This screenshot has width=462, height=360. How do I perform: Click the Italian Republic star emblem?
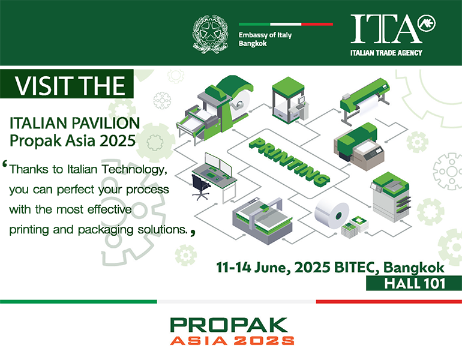tap(211, 34)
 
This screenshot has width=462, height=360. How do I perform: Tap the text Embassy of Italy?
tap(265, 35)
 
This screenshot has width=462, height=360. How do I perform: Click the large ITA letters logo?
tap(386, 29)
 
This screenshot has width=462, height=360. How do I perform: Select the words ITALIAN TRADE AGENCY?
tap(386, 53)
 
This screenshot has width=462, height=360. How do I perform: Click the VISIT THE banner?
tap(67, 84)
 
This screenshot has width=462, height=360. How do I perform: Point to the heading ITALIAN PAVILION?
tap(75, 123)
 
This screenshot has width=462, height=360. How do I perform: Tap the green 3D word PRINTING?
tap(289, 162)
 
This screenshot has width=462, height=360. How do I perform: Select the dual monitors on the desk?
tap(218, 164)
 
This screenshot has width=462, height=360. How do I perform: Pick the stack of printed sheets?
tap(355, 227)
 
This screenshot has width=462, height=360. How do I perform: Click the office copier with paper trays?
tap(391, 197)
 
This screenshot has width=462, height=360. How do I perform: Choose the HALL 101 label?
tap(414, 283)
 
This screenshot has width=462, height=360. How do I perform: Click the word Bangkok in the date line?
tap(413, 268)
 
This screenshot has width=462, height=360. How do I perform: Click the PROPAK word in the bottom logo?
tap(229, 325)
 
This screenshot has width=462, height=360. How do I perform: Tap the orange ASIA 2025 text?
tap(232, 341)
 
